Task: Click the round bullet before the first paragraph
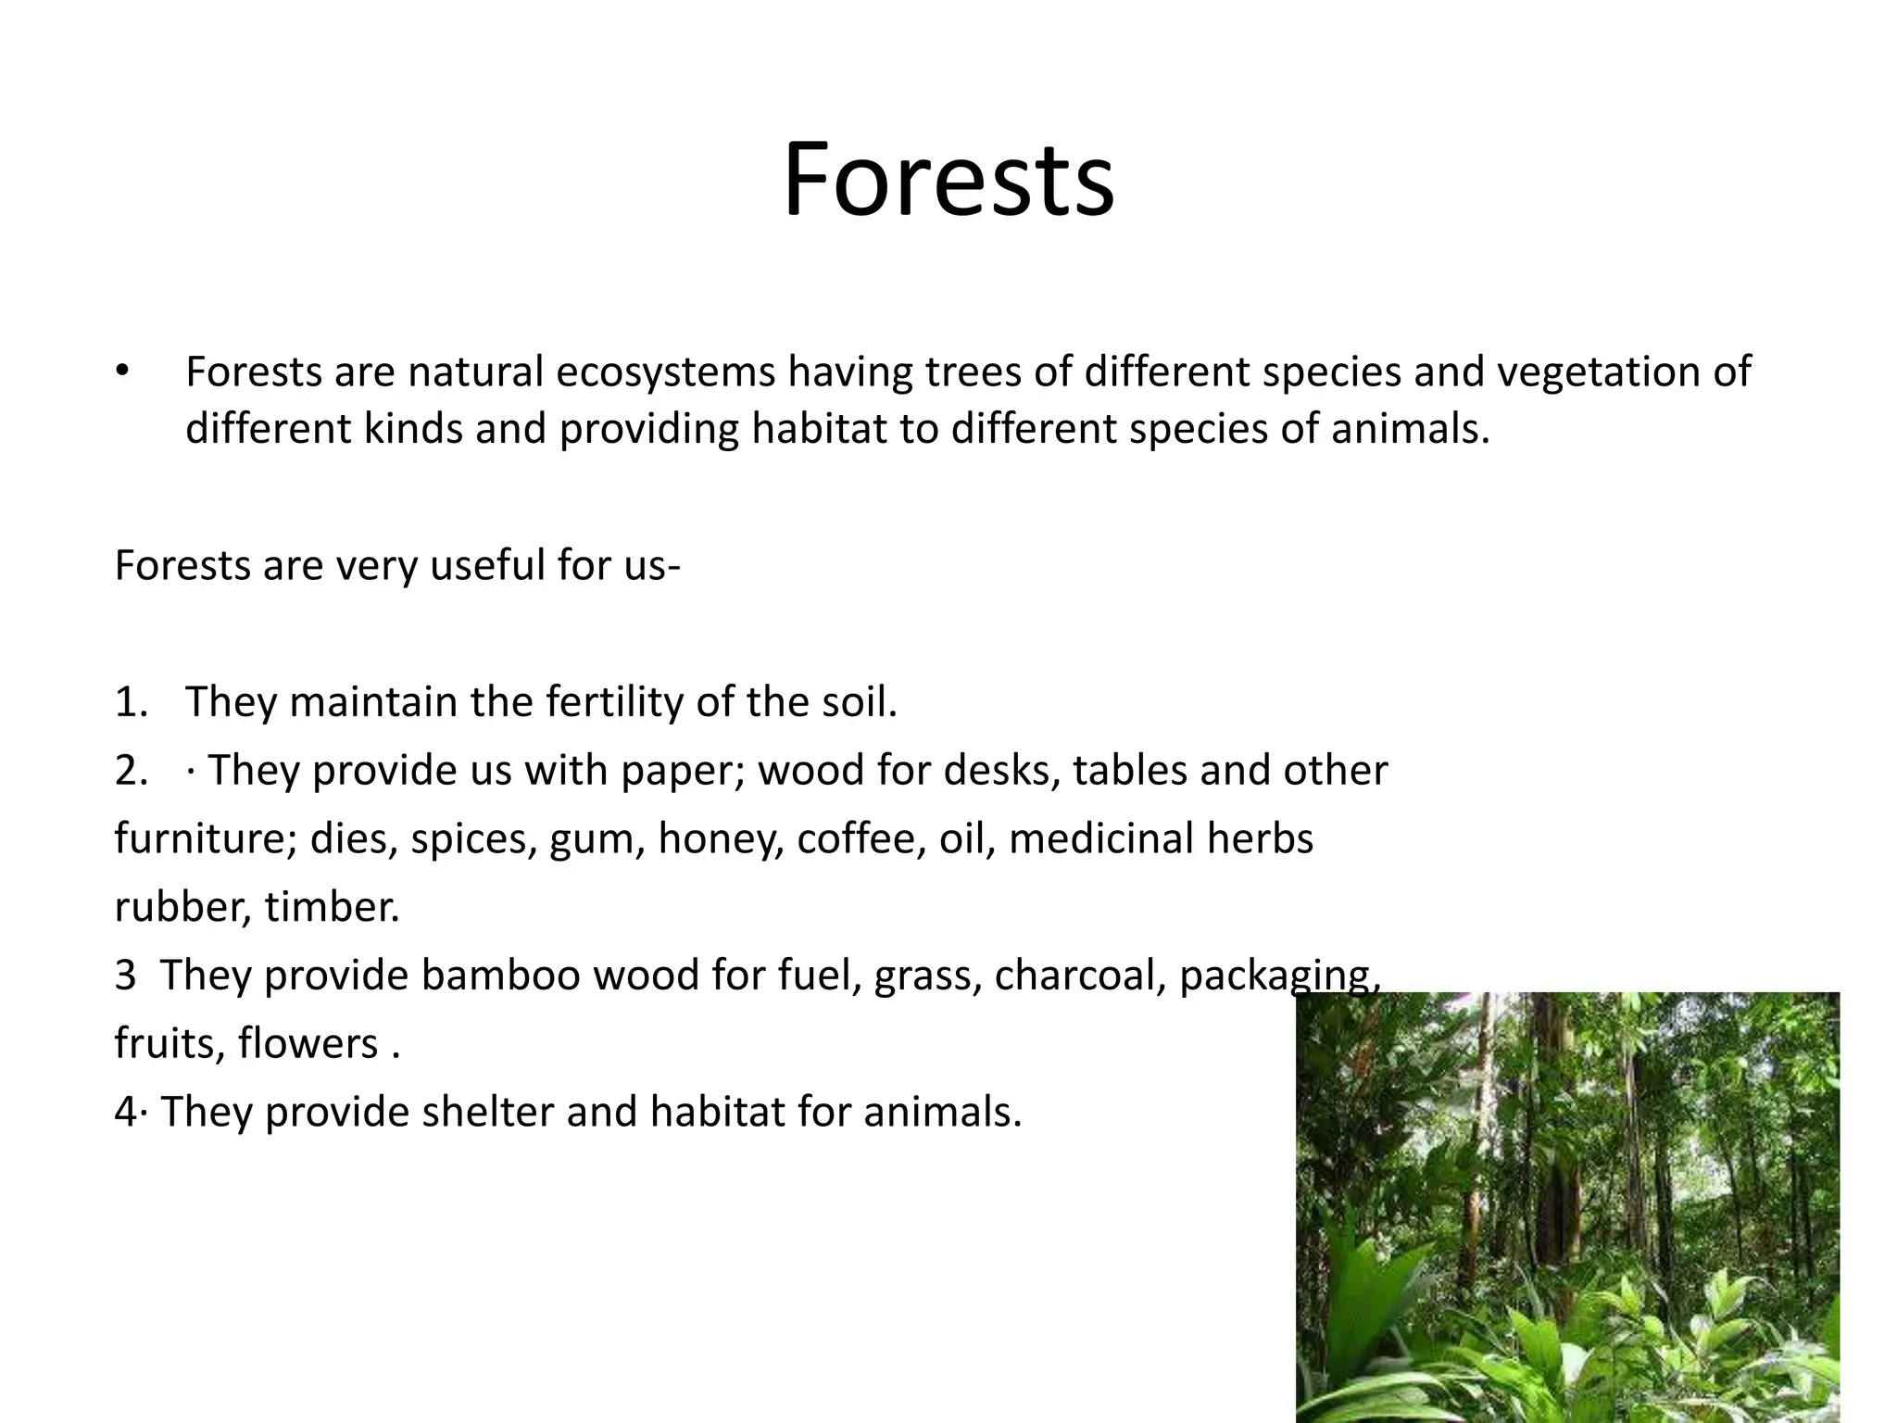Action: click(123, 371)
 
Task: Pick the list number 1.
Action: click(130, 702)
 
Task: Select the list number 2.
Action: click(131, 771)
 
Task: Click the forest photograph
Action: click(1567, 1204)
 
